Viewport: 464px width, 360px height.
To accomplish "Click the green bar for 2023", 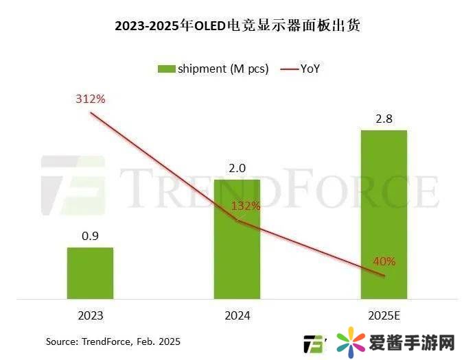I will pos(90,273).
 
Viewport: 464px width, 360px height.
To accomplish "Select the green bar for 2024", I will pos(237,239).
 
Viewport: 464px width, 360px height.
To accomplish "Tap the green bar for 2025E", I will pos(384,214).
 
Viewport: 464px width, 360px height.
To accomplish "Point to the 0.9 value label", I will pos(90,236).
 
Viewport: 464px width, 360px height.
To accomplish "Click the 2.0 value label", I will pos(237,168).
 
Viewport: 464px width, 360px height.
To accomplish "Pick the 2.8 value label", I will pos(384,119).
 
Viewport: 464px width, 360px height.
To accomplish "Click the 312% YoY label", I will pos(91,99).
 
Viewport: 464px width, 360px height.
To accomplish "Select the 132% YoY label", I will pos(245,205).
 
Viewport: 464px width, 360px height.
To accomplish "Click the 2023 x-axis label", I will pos(91,316).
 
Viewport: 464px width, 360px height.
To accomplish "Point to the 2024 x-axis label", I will pos(237,316).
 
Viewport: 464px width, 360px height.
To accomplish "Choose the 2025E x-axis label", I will pos(384,316).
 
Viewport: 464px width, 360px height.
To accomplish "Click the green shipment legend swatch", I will pos(167,68).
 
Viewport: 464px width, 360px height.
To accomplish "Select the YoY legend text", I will pos(310,68).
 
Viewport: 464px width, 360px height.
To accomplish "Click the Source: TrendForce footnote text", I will pos(113,341).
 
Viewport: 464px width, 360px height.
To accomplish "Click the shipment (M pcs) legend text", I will pos(223,68).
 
